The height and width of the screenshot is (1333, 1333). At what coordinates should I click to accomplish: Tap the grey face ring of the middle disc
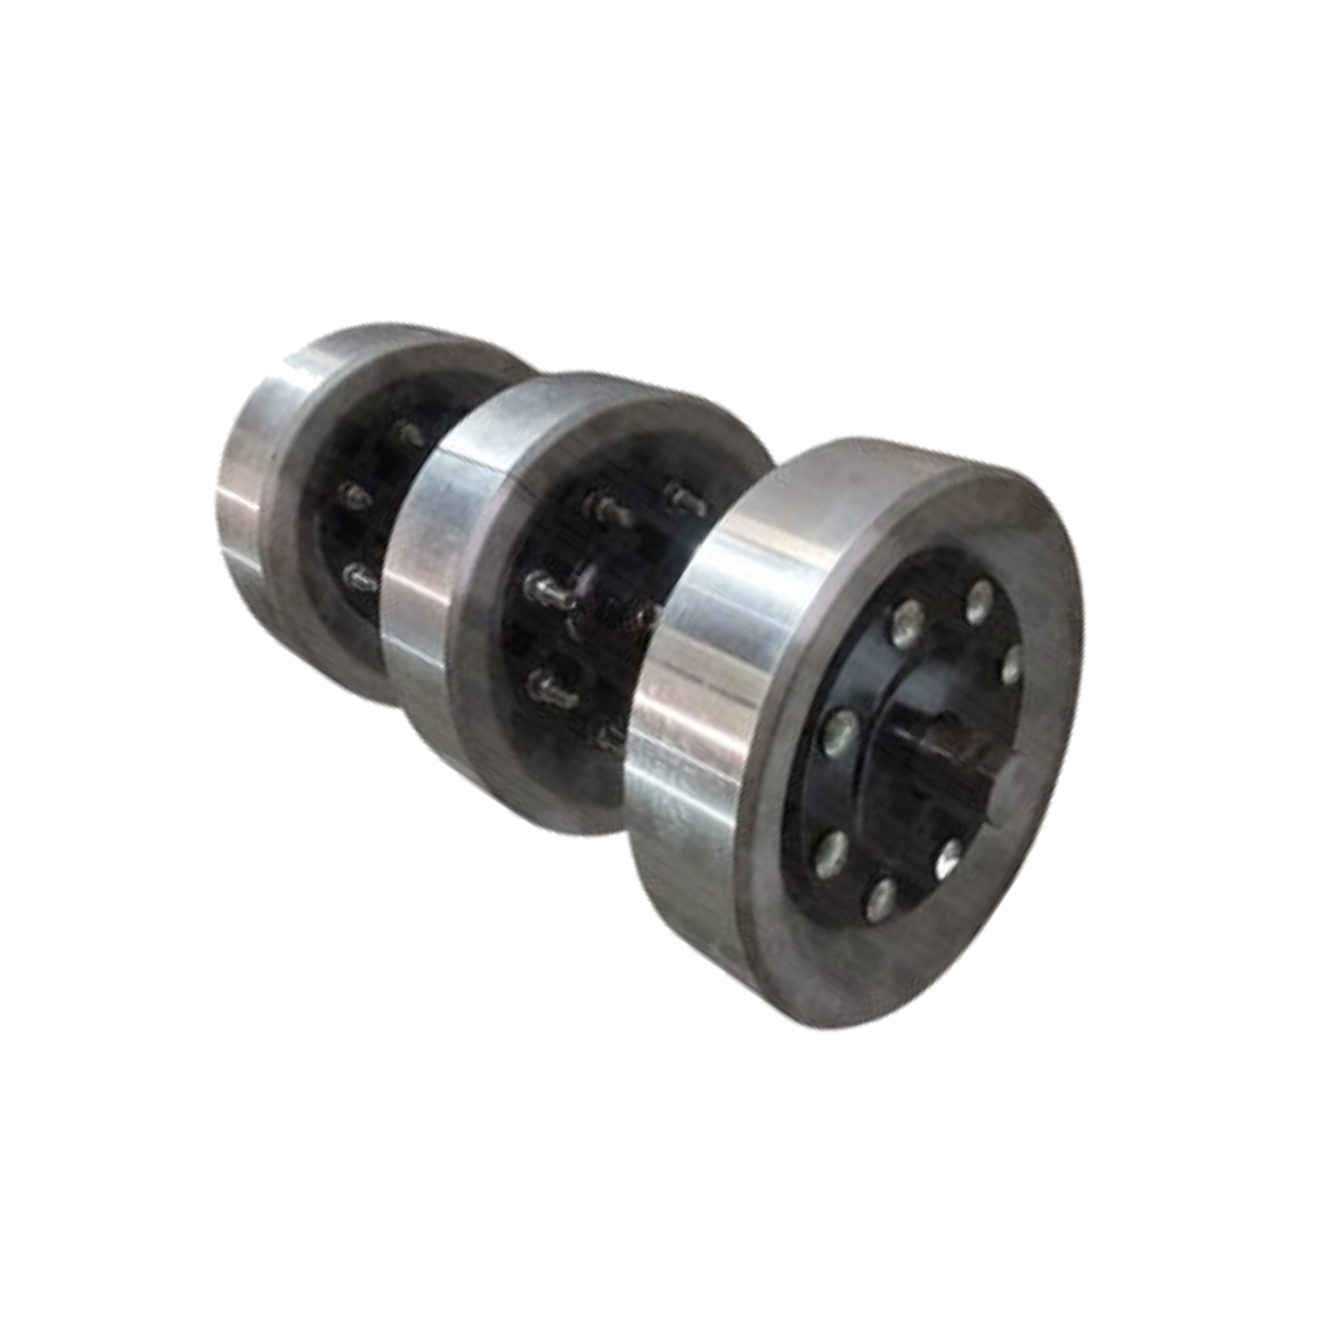(486, 729)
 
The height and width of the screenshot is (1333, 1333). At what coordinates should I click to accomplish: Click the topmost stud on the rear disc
(410, 433)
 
